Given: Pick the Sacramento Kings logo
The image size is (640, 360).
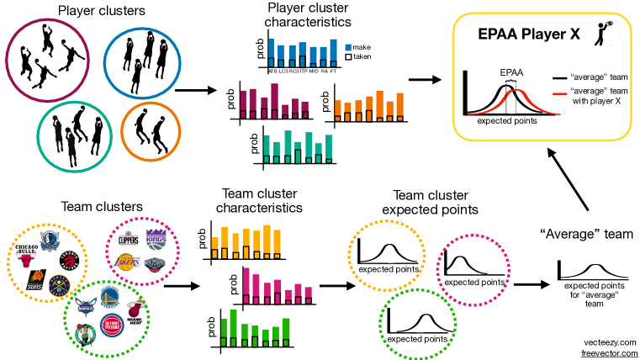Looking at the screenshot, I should (x=157, y=237).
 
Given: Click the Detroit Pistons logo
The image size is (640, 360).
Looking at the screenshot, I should (x=112, y=326).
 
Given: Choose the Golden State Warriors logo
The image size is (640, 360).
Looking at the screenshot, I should (x=111, y=295).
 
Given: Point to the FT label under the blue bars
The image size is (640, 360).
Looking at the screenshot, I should (x=333, y=71).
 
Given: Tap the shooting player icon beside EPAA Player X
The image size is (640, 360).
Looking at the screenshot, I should (x=600, y=31).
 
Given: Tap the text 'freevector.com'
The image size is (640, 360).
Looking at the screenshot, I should (x=611, y=352).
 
